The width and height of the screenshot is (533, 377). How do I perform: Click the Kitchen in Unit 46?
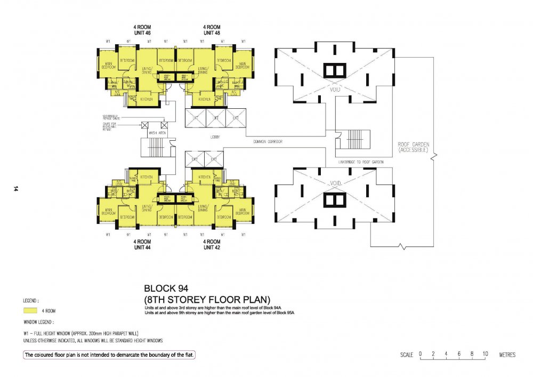tap(147, 99)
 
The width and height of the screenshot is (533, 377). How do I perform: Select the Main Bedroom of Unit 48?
tap(242, 65)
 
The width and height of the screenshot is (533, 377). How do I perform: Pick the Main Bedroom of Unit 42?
tap(242, 211)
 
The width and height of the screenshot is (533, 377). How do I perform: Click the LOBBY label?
tap(215, 137)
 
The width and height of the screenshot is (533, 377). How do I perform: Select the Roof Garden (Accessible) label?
tap(413, 147)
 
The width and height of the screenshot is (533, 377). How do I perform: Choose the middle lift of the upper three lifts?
tap(215, 117)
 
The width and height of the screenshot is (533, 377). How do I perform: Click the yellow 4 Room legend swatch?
tap(30, 310)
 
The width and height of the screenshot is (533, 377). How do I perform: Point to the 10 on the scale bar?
tap(486, 354)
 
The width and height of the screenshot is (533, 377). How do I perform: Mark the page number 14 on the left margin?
tap(17, 188)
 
